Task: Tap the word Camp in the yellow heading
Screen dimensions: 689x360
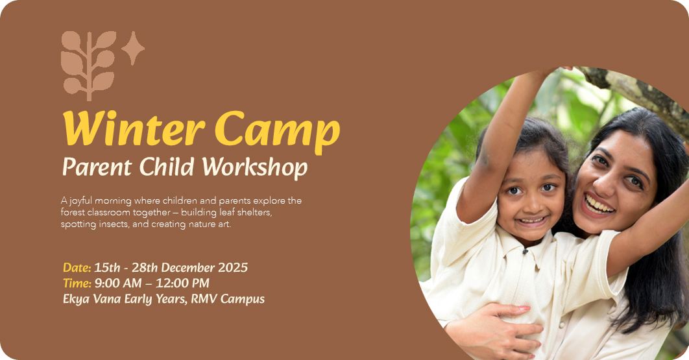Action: click(x=277, y=132)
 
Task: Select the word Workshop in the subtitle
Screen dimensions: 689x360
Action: click(x=255, y=167)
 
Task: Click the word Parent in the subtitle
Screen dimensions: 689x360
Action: click(x=97, y=167)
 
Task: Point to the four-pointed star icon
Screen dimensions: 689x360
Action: click(x=133, y=49)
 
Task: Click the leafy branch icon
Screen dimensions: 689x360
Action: click(x=89, y=66)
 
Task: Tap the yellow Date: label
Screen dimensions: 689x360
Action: click(x=77, y=267)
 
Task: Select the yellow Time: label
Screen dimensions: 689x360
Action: click(x=77, y=283)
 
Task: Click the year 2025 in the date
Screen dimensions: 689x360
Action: click(x=233, y=267)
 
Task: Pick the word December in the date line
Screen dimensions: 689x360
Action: click(x=188, y=267)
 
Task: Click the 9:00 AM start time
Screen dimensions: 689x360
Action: click(x=118, y=283)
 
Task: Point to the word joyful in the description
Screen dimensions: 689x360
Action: click(x=81, y=201)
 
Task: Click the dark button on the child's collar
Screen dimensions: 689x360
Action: click(x=525, y=252)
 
